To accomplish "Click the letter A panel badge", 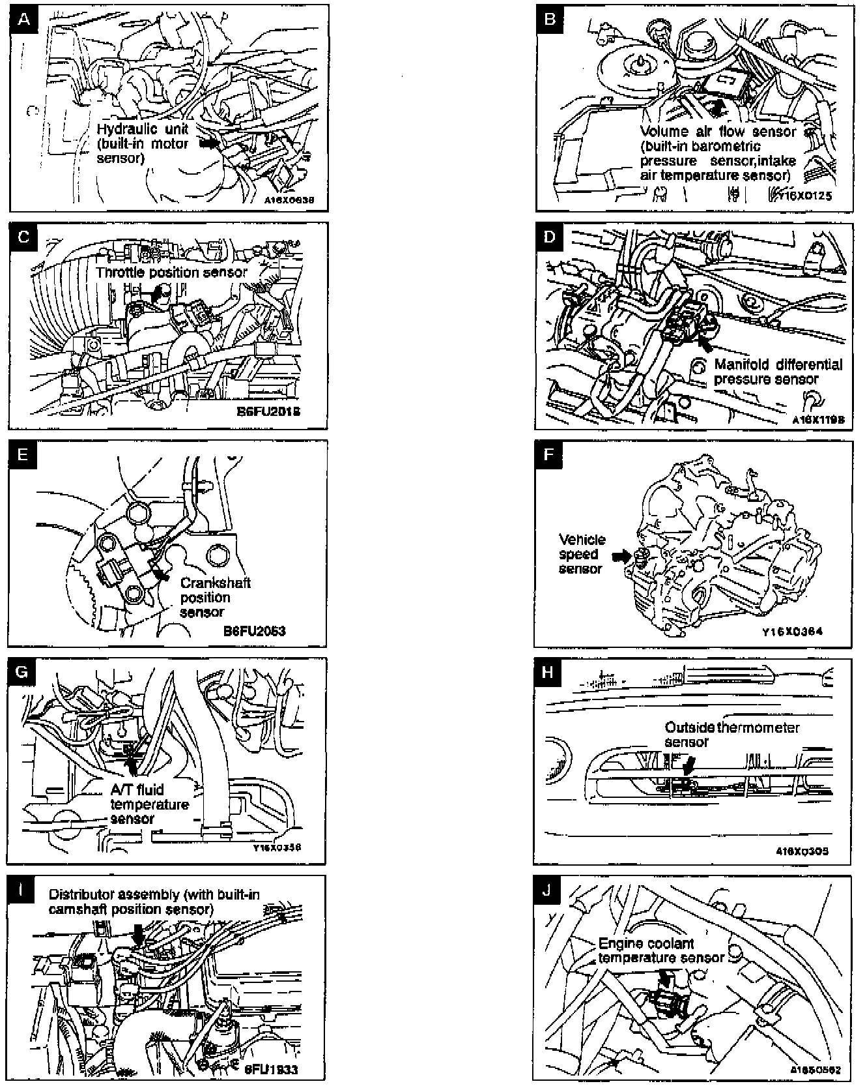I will point(24,19).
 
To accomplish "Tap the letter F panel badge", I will point(549,454).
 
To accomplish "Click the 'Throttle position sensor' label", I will point(171,272).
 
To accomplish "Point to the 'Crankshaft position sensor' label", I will point(215,597).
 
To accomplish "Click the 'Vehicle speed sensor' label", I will point(582,554).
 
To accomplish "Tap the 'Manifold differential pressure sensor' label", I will point(778,372).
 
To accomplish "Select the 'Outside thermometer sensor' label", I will point(731,735).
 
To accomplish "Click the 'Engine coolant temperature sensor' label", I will point(660,950).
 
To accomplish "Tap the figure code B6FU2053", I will point(254,630).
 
